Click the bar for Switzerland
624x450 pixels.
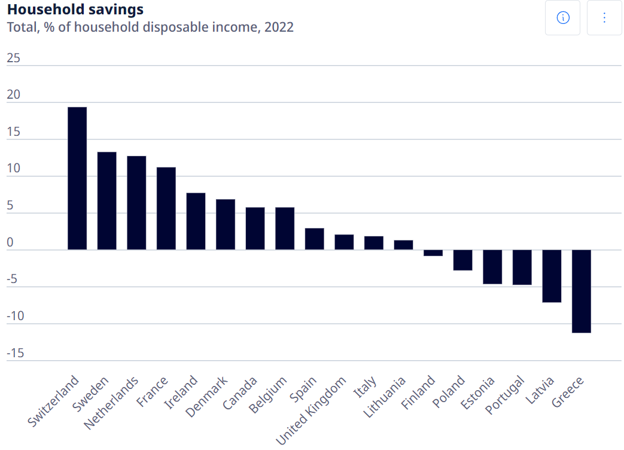click(77, 178)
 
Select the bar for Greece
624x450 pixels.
click(582, 291)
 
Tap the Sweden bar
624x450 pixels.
click(107, 201)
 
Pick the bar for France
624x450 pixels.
click(166, 208)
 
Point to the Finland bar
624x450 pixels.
click(433, 253)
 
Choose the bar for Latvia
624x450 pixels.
click(552, 276)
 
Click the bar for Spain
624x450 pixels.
click(315, 239)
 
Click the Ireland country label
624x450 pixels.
click(181, 391)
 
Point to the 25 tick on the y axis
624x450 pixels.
click(13, 59)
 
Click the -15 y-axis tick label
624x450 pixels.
click(16, 353)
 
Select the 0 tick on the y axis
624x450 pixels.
click(10, 243)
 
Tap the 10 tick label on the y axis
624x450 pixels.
click(13, 169)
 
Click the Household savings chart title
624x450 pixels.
click(75, 10)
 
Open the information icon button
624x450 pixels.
click(562, 17)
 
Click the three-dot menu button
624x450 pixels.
click(604, 17)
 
